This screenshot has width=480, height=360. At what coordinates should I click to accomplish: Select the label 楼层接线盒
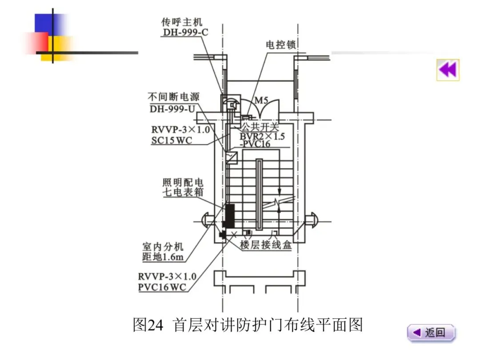[x=266, y=245]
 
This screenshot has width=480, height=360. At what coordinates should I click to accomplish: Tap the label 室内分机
[x=163, y=247]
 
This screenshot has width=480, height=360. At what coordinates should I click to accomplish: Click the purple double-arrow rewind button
[x=448, y=70]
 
